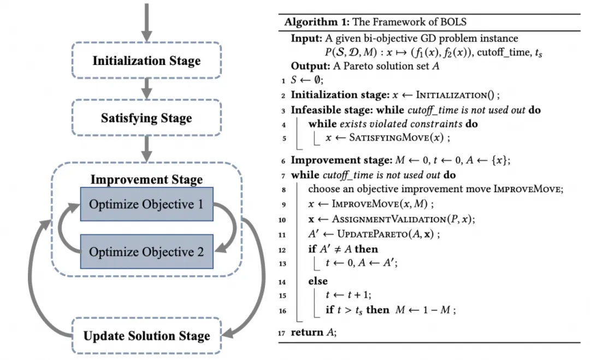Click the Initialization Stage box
click(x=146, y=61)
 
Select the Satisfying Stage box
click(x=146, y=117)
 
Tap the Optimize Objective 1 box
click(x=146, y=204)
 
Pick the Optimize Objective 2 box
click(x=146, y=252)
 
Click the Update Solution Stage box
click(x=146, y=335)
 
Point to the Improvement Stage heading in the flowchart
click(x=146, y=179)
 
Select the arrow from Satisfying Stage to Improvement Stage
click(x=146, y=146)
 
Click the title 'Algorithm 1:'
click(x=316, y=22)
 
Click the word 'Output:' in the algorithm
click(x=309, y=66)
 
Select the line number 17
click(x=282, y=333)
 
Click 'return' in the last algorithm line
click(x=307, y=333)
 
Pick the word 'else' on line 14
click(x=318, y=281)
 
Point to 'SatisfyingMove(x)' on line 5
click(x=396, y=138)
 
